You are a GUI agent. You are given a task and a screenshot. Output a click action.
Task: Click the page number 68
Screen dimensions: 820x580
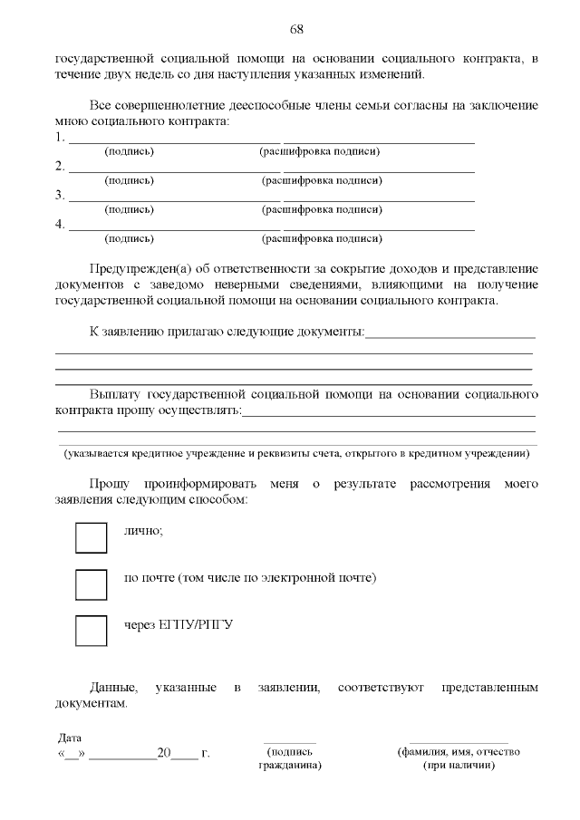tap(296, 29)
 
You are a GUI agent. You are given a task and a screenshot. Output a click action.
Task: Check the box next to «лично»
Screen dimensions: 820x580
tap(91, 536)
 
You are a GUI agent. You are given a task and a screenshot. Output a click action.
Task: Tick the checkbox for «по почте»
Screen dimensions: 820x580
tap(91, 584)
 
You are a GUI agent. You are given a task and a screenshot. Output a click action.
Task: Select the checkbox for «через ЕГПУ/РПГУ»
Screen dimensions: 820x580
tap(91, 631)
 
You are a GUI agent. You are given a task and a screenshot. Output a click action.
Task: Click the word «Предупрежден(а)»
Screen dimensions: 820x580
tap(134, 269)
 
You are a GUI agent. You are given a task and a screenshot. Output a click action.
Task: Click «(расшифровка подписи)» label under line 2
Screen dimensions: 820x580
tap(322, 180)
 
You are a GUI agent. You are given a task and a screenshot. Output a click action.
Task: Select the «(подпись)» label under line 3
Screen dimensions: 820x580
tap(130, 209)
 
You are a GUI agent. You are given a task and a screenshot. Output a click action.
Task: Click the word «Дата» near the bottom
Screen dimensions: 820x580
tap(70, 738)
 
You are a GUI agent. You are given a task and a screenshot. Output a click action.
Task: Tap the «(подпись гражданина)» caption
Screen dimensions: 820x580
tap(290, 757)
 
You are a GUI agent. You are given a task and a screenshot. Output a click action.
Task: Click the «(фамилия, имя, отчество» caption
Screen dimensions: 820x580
tap(459, 752)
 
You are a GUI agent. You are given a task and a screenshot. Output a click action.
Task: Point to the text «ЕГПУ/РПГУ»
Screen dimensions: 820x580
tap(190, 625)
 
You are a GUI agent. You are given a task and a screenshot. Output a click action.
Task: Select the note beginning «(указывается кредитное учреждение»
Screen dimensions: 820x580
tap(295, 453)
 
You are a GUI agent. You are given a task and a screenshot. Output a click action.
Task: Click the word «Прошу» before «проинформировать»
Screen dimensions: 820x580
tap(110, 484)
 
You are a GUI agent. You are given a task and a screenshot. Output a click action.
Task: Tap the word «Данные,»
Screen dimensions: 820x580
tap(113, 688)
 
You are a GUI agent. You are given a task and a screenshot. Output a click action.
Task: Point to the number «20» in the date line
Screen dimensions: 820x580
tap(164, 753)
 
